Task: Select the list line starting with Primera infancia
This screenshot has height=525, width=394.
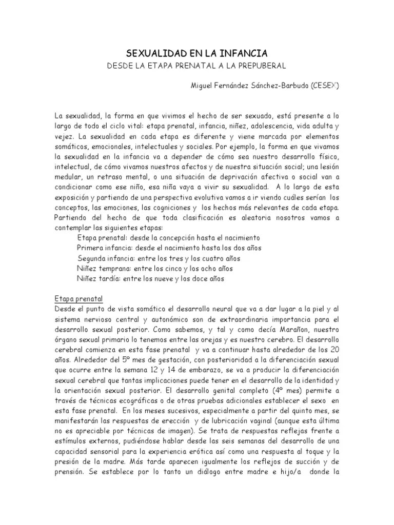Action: point(169,248)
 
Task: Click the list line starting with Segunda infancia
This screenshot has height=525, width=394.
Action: point(159,258)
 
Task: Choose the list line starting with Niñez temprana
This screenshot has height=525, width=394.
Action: point(154,269)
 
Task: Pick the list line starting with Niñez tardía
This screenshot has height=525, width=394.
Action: point(150,279)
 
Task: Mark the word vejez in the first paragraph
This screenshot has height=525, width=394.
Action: point(65,137)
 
